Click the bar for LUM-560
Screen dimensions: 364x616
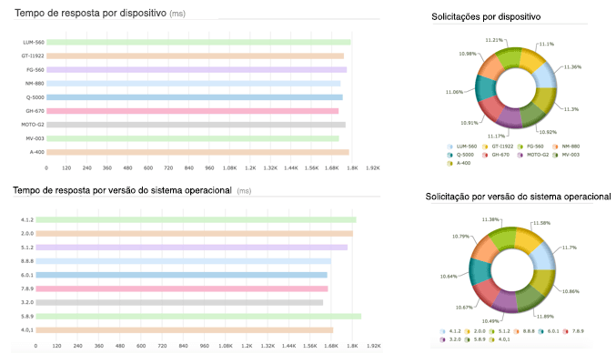point(198,42)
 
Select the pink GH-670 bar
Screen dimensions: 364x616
point(192,111)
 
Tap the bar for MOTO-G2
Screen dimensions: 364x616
point(196,125)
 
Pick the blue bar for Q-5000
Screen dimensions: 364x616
point(194,97)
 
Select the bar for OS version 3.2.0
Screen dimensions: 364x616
point(184,302)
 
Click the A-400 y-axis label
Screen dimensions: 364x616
point(36,152)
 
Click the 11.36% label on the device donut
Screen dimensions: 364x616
point(572,66)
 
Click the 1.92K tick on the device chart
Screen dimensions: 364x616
point(372,168)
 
